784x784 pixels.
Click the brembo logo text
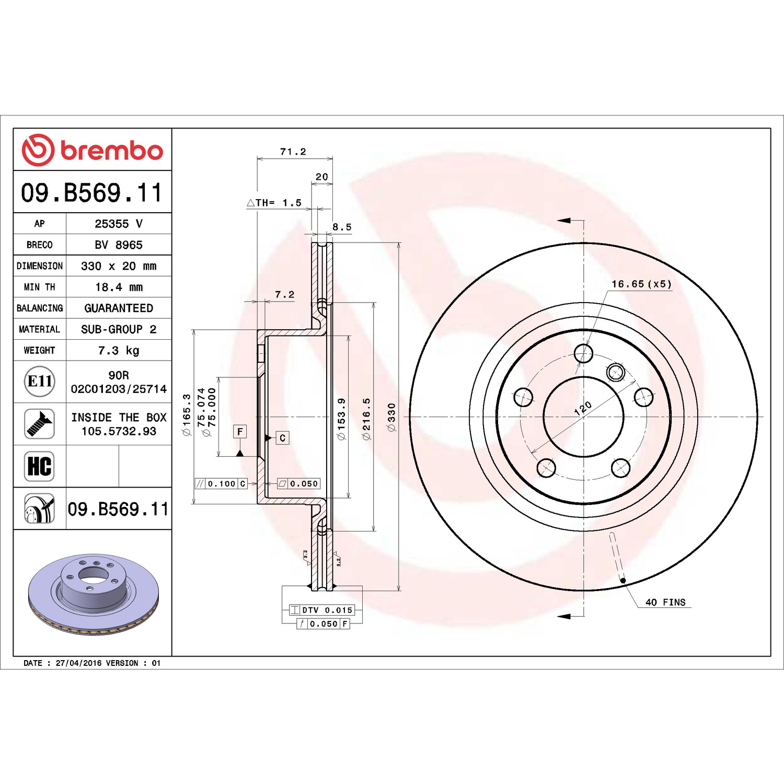pyautogui.click(x=112, y=151)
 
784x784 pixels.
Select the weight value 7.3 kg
pyautogui.click(x=119, y=350)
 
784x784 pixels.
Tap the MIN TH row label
pyautogui.click(x=39, y=287)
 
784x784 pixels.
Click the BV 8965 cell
pyautogui.click(x=119, y=245)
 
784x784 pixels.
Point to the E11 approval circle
pyautogui.click(x=40, y=381)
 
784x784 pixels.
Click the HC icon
pyautogui.click(x=40, y=466)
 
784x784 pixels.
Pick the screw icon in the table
pyautogui.click(x=40, y=424)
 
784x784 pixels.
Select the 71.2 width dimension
pyautogui.click(x=293, y=152)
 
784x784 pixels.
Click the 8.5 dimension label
pyautogui.click(x=342, y=227)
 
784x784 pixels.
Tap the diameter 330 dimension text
pyautogui.click(x=391, y=417)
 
